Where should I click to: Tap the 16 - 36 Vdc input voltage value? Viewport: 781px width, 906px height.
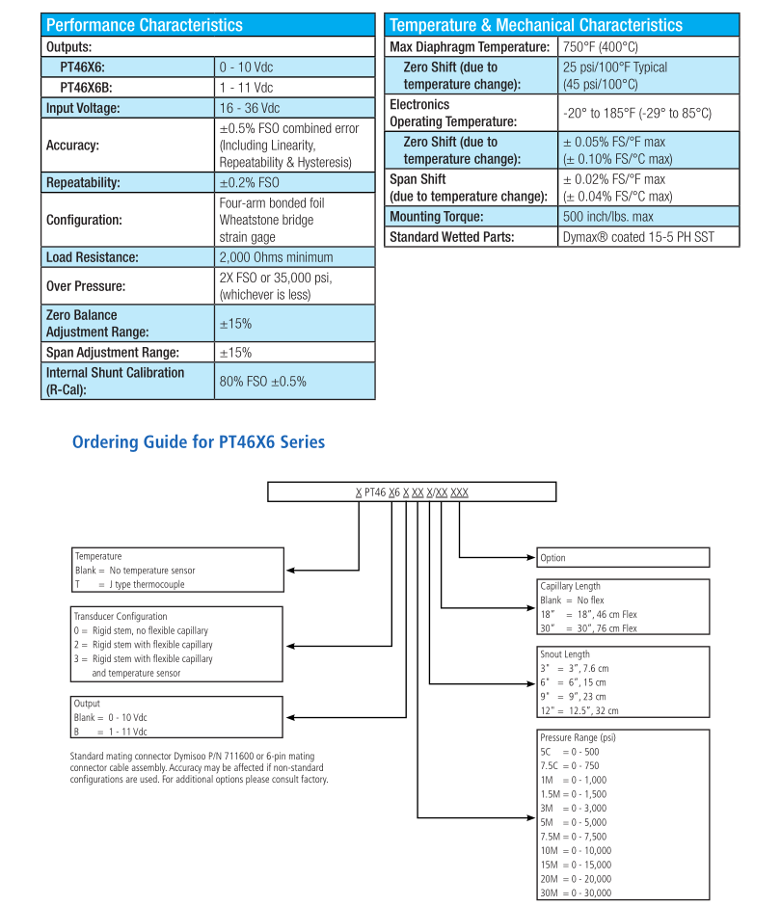[x=249, y=108]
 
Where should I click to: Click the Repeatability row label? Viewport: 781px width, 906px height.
[x=83, y=182]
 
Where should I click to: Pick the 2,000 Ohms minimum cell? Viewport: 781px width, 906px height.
[x=276, y=257]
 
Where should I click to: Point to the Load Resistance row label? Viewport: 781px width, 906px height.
[x=93, y=257]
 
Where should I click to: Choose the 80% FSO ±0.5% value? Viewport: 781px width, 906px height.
[x=263, y=381]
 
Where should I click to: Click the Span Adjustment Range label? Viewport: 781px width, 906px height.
[x=113, y=353]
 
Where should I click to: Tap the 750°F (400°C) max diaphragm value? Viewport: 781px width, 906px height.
[x=601, y=46]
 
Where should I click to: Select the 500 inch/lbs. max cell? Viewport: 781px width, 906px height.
[x=607, y=217]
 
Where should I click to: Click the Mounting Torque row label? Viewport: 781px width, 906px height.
[x=436, y=217]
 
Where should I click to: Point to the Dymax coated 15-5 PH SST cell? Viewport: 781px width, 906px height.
[x=638, y=236]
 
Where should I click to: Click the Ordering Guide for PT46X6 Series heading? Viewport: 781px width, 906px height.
[x=199, y=442]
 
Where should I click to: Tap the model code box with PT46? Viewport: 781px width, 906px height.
[x=412, y=493]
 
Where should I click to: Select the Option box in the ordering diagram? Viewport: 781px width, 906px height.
[x=623, y=557]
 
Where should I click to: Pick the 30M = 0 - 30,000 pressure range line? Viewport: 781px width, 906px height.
[x=576, y=892]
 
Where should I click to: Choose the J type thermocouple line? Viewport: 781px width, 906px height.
[x=129, y=584]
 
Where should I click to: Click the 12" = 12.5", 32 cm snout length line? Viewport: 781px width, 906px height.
[x=579, y=710]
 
